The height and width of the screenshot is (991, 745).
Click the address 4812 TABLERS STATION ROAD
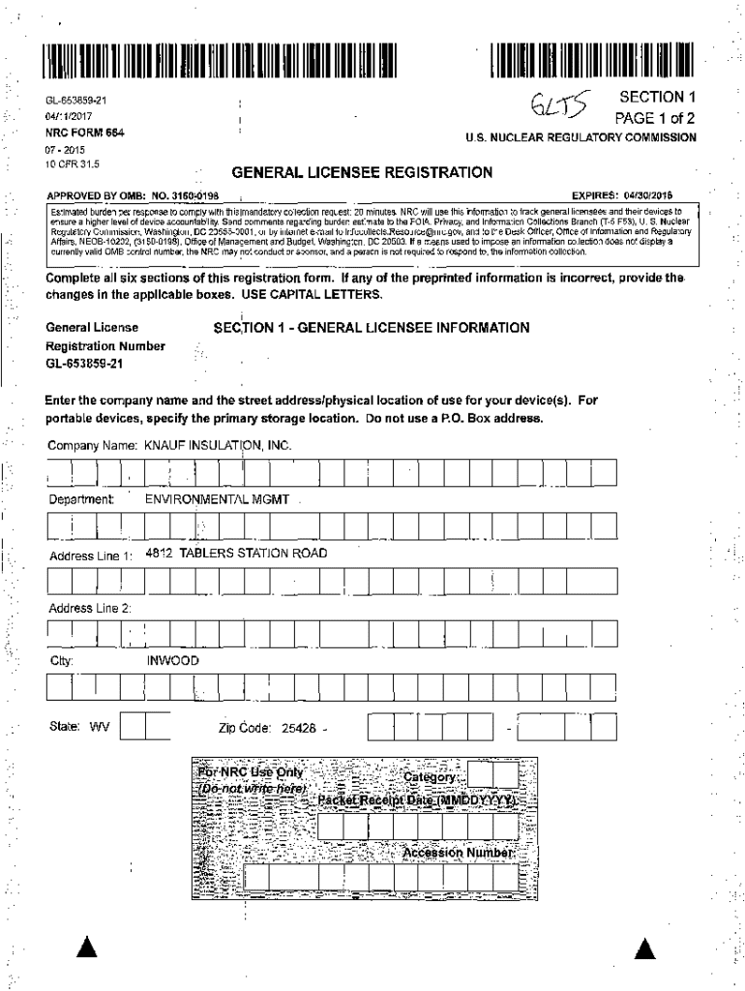236,554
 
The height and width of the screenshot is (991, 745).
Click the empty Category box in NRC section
493,775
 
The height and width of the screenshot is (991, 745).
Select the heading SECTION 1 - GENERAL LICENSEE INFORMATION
372,328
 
